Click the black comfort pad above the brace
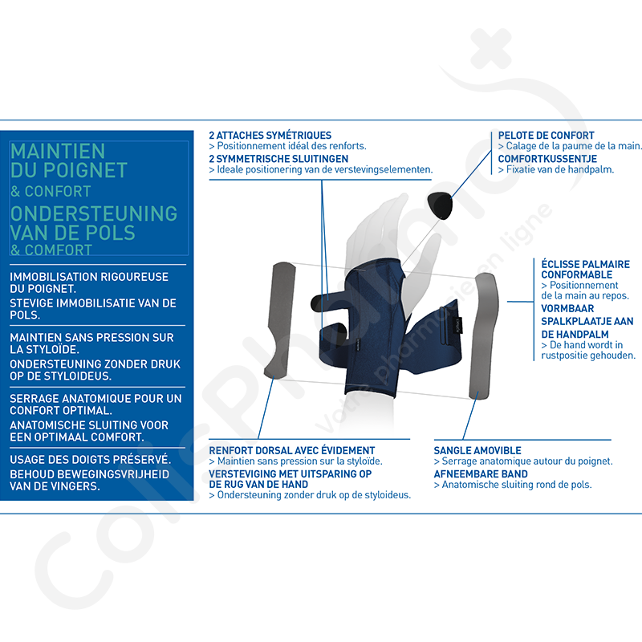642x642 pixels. [x=440, y=205]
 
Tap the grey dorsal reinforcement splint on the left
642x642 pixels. [x=281, y=319]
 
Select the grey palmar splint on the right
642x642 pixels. [x=483, y=335]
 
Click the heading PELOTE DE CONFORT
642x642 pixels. [x=546, y=136]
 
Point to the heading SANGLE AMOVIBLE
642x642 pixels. [x=477, y=450]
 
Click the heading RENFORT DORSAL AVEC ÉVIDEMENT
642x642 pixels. [x=292, y=450]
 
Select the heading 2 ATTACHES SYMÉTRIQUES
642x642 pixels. [x=270, y=136]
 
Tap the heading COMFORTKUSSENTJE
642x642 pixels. [x=547, y=159]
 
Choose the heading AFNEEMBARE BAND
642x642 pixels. [x=481, y=474]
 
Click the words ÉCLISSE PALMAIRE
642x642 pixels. [x=586, y=264]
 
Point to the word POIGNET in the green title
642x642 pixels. [x=91, y=170]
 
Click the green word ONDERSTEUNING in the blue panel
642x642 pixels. [x=94, y=213]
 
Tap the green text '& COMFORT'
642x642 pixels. [x=51, y=250]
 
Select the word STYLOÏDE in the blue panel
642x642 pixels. [x=53, y=350]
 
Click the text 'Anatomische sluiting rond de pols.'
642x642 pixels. [x=513, y=485]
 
